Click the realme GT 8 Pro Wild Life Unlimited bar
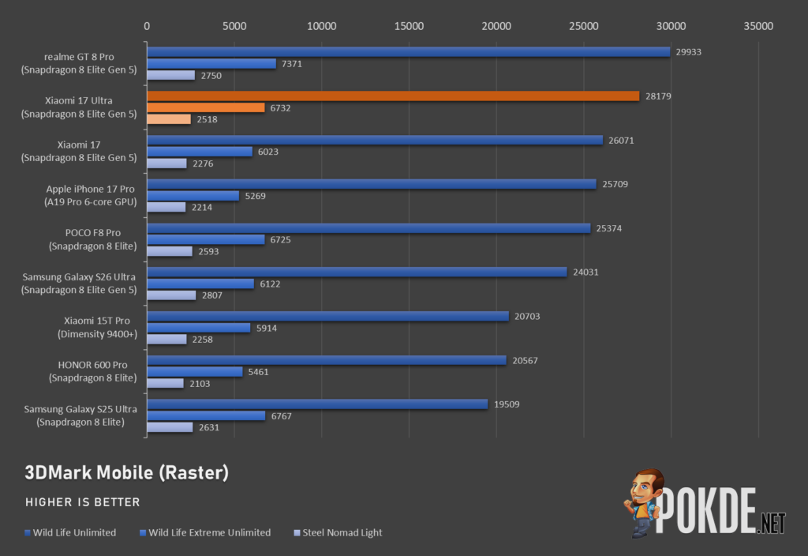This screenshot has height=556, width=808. click(x=409, y=51)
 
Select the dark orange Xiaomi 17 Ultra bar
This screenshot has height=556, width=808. click(x=393, y=96)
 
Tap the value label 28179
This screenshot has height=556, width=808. click(x=658, y=96)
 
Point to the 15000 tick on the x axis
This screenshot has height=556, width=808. click(x=410, y=26)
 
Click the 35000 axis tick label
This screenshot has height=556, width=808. click(x=758, y=26)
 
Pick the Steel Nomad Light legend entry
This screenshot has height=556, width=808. click(x=338, y=533)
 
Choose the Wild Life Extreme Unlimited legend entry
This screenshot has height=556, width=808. click(x=205, y=533)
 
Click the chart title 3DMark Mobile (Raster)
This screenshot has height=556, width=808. click(x=127, y=472)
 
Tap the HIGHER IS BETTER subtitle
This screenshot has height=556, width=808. click(x=82, y=502)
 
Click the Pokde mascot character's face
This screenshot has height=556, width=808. click(x=645, y=486)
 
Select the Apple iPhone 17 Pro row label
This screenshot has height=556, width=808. click(x=90, y=196)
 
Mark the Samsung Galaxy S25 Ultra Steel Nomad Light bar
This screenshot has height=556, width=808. click(x=170, y=427)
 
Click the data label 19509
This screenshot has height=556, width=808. click(x=507, y=404)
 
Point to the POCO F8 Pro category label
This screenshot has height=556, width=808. click(x=93, y=239)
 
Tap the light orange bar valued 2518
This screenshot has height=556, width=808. click(x=169, y=119)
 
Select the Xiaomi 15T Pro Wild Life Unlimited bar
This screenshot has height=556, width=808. click(x=328, y=316)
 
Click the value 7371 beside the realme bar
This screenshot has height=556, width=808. click(x=292, y=64)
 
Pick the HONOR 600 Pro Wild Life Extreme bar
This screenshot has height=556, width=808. click(x=195, y=372)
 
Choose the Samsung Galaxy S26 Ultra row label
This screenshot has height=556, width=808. click(x=79, y=284)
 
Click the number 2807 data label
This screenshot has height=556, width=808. click(x=211, y=295)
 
